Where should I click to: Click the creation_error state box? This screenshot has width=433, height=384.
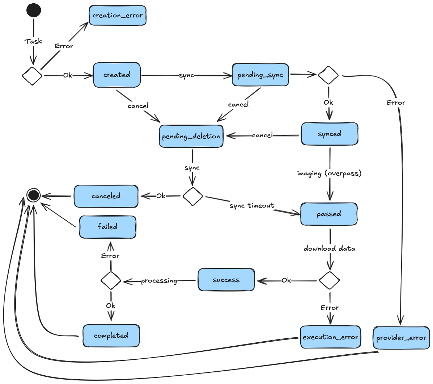118,16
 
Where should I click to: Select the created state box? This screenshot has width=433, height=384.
117,75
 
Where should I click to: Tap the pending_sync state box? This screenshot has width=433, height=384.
260,75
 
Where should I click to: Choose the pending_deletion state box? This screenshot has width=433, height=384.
191,136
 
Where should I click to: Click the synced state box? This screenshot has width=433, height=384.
330,134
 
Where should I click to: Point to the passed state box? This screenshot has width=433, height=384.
329,214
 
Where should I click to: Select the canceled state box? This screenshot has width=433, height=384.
106,196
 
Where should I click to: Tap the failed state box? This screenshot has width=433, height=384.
108,227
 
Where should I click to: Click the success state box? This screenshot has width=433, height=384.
226,280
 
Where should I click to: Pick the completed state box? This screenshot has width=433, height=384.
111,336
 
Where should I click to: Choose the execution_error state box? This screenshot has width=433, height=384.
330,337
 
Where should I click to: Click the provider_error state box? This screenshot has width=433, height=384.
401,338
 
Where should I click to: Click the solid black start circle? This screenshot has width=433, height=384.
34,10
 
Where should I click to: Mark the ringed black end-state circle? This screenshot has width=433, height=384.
33,196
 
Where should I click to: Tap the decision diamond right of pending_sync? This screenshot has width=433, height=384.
328,75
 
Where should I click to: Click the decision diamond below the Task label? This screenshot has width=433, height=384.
32,76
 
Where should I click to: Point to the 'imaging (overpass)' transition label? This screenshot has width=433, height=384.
329,174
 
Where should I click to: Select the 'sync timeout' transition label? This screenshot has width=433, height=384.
252,206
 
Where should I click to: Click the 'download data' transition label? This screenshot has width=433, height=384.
330,249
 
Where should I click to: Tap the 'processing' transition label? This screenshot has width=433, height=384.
159,281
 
